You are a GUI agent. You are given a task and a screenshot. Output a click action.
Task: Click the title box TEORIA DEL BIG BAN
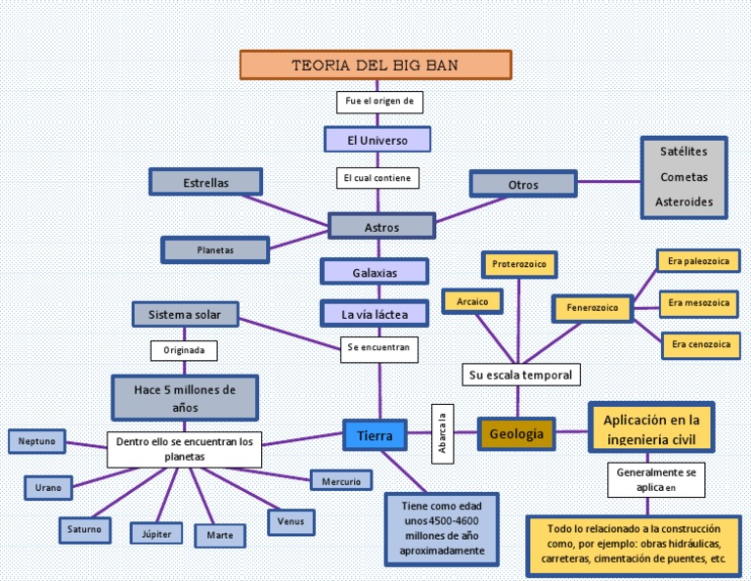point(375,65)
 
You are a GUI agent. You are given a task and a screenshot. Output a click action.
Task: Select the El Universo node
point(377,140)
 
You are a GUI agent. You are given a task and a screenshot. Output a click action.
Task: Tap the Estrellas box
point(205,182)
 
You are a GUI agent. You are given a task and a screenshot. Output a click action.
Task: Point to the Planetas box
point(215,250)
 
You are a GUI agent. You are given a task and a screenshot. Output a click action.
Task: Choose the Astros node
point(381,227)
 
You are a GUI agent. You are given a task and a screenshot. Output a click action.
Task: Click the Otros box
point(523,184)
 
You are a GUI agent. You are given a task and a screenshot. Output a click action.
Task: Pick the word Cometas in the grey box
point(684,177)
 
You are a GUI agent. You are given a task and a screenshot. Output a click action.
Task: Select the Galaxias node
point(375,272)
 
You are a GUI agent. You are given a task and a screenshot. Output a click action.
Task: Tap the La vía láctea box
point(375,314)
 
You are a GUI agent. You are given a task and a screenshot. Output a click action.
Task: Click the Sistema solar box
point(186,314)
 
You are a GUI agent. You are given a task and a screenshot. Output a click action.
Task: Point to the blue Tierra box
point(375,433)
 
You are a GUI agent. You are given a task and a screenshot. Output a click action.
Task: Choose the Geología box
point(516,433)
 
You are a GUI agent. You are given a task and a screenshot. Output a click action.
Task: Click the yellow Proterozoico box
point(519,264)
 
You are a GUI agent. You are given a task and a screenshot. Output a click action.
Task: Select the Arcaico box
point(471,302)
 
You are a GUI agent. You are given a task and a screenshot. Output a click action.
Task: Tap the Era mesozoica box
point(698,303)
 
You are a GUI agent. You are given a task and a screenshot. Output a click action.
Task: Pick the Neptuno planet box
point(36,442)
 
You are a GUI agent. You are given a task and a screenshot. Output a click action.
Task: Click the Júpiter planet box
point(156,533)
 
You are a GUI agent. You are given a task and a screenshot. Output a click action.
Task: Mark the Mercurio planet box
point(341,481)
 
